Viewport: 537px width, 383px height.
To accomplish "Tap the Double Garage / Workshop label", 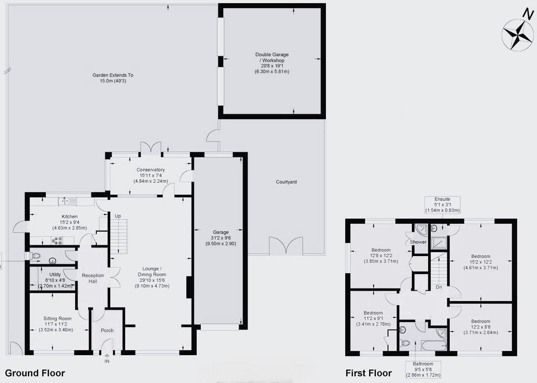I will pos(270,63).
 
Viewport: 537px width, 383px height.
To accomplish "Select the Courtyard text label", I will pos(286,182).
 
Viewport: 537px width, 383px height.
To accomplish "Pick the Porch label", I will pos(107,330).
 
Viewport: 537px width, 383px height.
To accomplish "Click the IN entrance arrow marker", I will pos(107,359).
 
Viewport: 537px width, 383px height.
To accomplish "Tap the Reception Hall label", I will pos(93,278).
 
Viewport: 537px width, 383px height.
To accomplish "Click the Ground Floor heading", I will pos(35,373).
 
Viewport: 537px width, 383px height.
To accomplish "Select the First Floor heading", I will pos(368,373).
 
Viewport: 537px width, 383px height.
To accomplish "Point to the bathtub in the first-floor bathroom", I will pos(433,345).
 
